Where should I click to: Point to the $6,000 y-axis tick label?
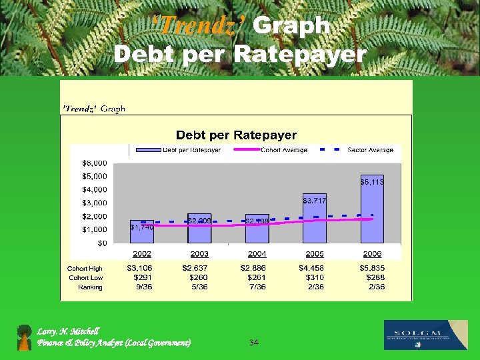94,163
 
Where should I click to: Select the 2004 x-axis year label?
257,254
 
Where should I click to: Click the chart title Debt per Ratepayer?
236,135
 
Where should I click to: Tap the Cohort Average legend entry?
285,150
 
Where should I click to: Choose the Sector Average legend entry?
370,150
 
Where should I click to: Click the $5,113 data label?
372,181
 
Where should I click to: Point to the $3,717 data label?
315,200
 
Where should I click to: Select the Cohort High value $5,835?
372,268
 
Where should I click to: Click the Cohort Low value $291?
142,277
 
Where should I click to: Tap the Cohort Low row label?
86,277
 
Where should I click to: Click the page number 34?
253,343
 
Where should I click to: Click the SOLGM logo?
425,335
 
